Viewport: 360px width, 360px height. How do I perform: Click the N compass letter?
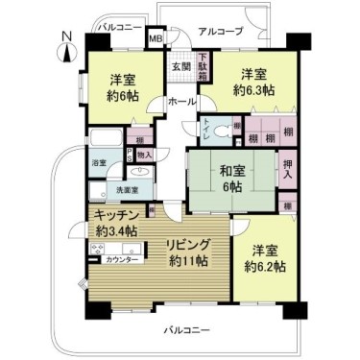pos(63,36)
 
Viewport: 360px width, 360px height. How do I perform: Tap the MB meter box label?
pos(155,38)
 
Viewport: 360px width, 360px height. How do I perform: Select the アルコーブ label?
pos(220,32)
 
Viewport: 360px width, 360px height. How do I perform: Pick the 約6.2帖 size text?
pos(264,266)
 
